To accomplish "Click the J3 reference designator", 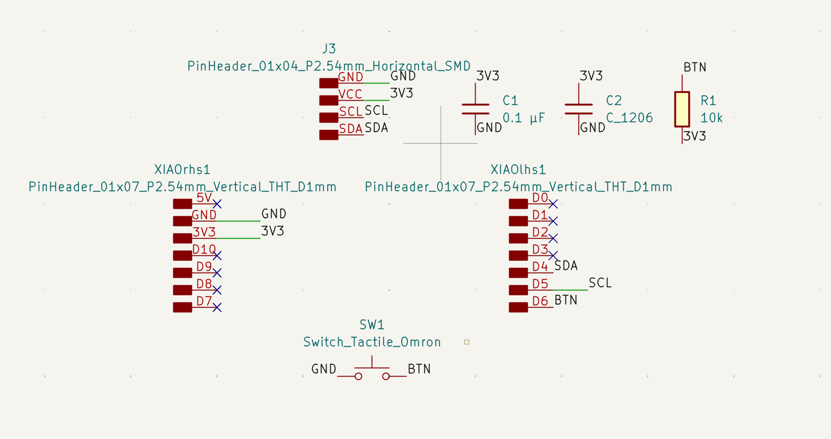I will [x=329, y=49].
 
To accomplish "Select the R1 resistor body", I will [x=682, y=109].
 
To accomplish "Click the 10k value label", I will [x=711, y=118].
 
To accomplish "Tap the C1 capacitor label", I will [x=510, y=101].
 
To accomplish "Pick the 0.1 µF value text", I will [x=524, y=118].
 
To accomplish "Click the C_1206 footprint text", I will [x=629, y=118].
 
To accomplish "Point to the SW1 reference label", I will [x=372, y=325].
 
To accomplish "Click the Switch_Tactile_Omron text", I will [x=372, y=342].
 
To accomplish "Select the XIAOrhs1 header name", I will [x=182, y=170].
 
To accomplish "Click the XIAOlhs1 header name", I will [x=518, y=170].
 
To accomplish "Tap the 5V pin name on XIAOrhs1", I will [x=204, y=198].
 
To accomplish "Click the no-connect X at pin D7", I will [x=217, y=307].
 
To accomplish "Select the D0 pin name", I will [x=540, y=198].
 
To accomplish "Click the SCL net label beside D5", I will [x=600, y=283].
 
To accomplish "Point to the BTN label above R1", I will [x=695, y=68].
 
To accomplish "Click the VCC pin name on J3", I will [x=350, y=94].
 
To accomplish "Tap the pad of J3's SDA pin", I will [x=328, y=135].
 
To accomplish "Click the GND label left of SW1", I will [x=324, y=369].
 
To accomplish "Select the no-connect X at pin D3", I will [x=553, y=255].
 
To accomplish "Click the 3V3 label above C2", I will [x=591, y=76].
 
